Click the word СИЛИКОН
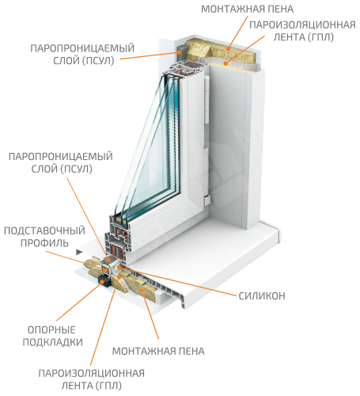pyautogui.click(x=262, y=296)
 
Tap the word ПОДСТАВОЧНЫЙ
pyautogui.click(x=44, y=230)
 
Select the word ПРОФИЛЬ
pyautogui.click(x=44, y=243)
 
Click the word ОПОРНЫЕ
pyautogui.click(x=51, y=330)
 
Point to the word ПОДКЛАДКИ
pyautogui.click(x=53, y=342)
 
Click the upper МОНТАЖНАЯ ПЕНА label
pyautogui.click(x=248, y=9)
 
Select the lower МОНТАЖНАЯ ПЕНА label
pyautogui.click(x=158, y=352)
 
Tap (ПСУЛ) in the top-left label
pyautogui.click(x=98, y=61)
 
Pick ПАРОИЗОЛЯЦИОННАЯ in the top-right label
pyautogui.click(x=302, y=25)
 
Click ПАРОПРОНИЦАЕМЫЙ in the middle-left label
pyautogui.click(x=61, y=157)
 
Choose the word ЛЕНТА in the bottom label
pyautogui.click(x=78, y=386)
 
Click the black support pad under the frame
pyautogui.click(x=104, y=281)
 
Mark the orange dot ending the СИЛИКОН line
pyautogui.click(x=119, y=268)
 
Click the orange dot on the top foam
pyautogui.click(x=229, y=48)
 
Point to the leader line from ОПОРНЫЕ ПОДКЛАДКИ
pyautogui.click(x=79, y=301)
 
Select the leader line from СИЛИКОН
pyautogui.click(x=177, y=281)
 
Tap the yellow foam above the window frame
pyautogui.click(x=220, y=53)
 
